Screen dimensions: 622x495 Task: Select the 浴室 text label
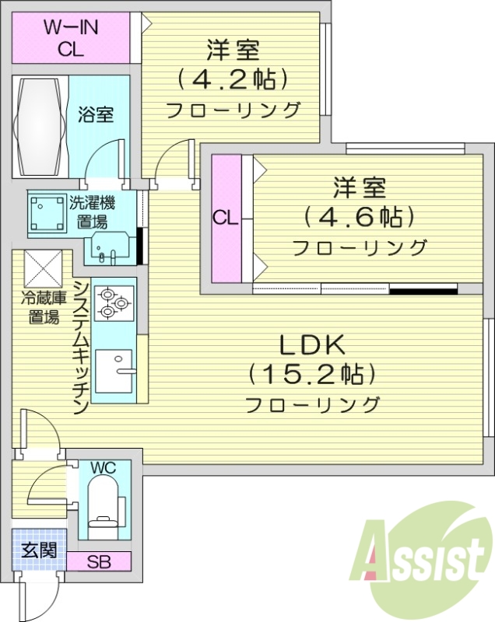(97, 114)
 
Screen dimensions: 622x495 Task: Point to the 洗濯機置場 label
(97, 212)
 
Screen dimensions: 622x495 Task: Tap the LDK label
(312, 345)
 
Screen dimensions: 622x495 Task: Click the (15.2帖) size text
(312, 374)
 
